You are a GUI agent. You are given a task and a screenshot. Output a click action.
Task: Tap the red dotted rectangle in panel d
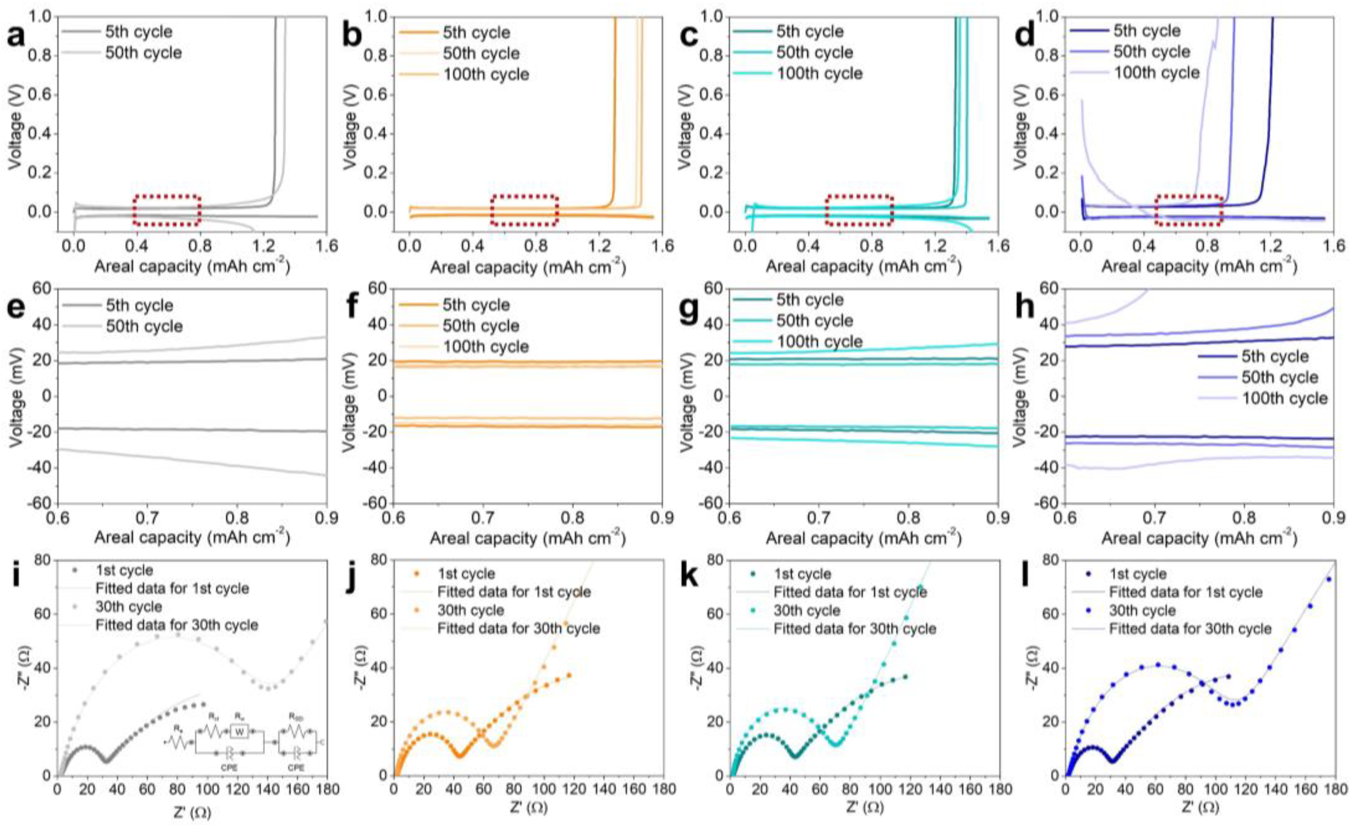coord(1188,211)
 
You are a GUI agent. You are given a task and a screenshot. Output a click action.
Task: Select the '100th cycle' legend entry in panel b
coord(486,74)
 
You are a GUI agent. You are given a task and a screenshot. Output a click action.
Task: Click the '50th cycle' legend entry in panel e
coord(144,326)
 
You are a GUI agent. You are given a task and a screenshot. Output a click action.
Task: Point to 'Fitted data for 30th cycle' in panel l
coord(1190,628)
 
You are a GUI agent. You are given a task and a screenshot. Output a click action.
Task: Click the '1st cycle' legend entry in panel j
coord(466,574)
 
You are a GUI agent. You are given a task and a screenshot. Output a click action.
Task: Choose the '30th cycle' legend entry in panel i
coord(128,607)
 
